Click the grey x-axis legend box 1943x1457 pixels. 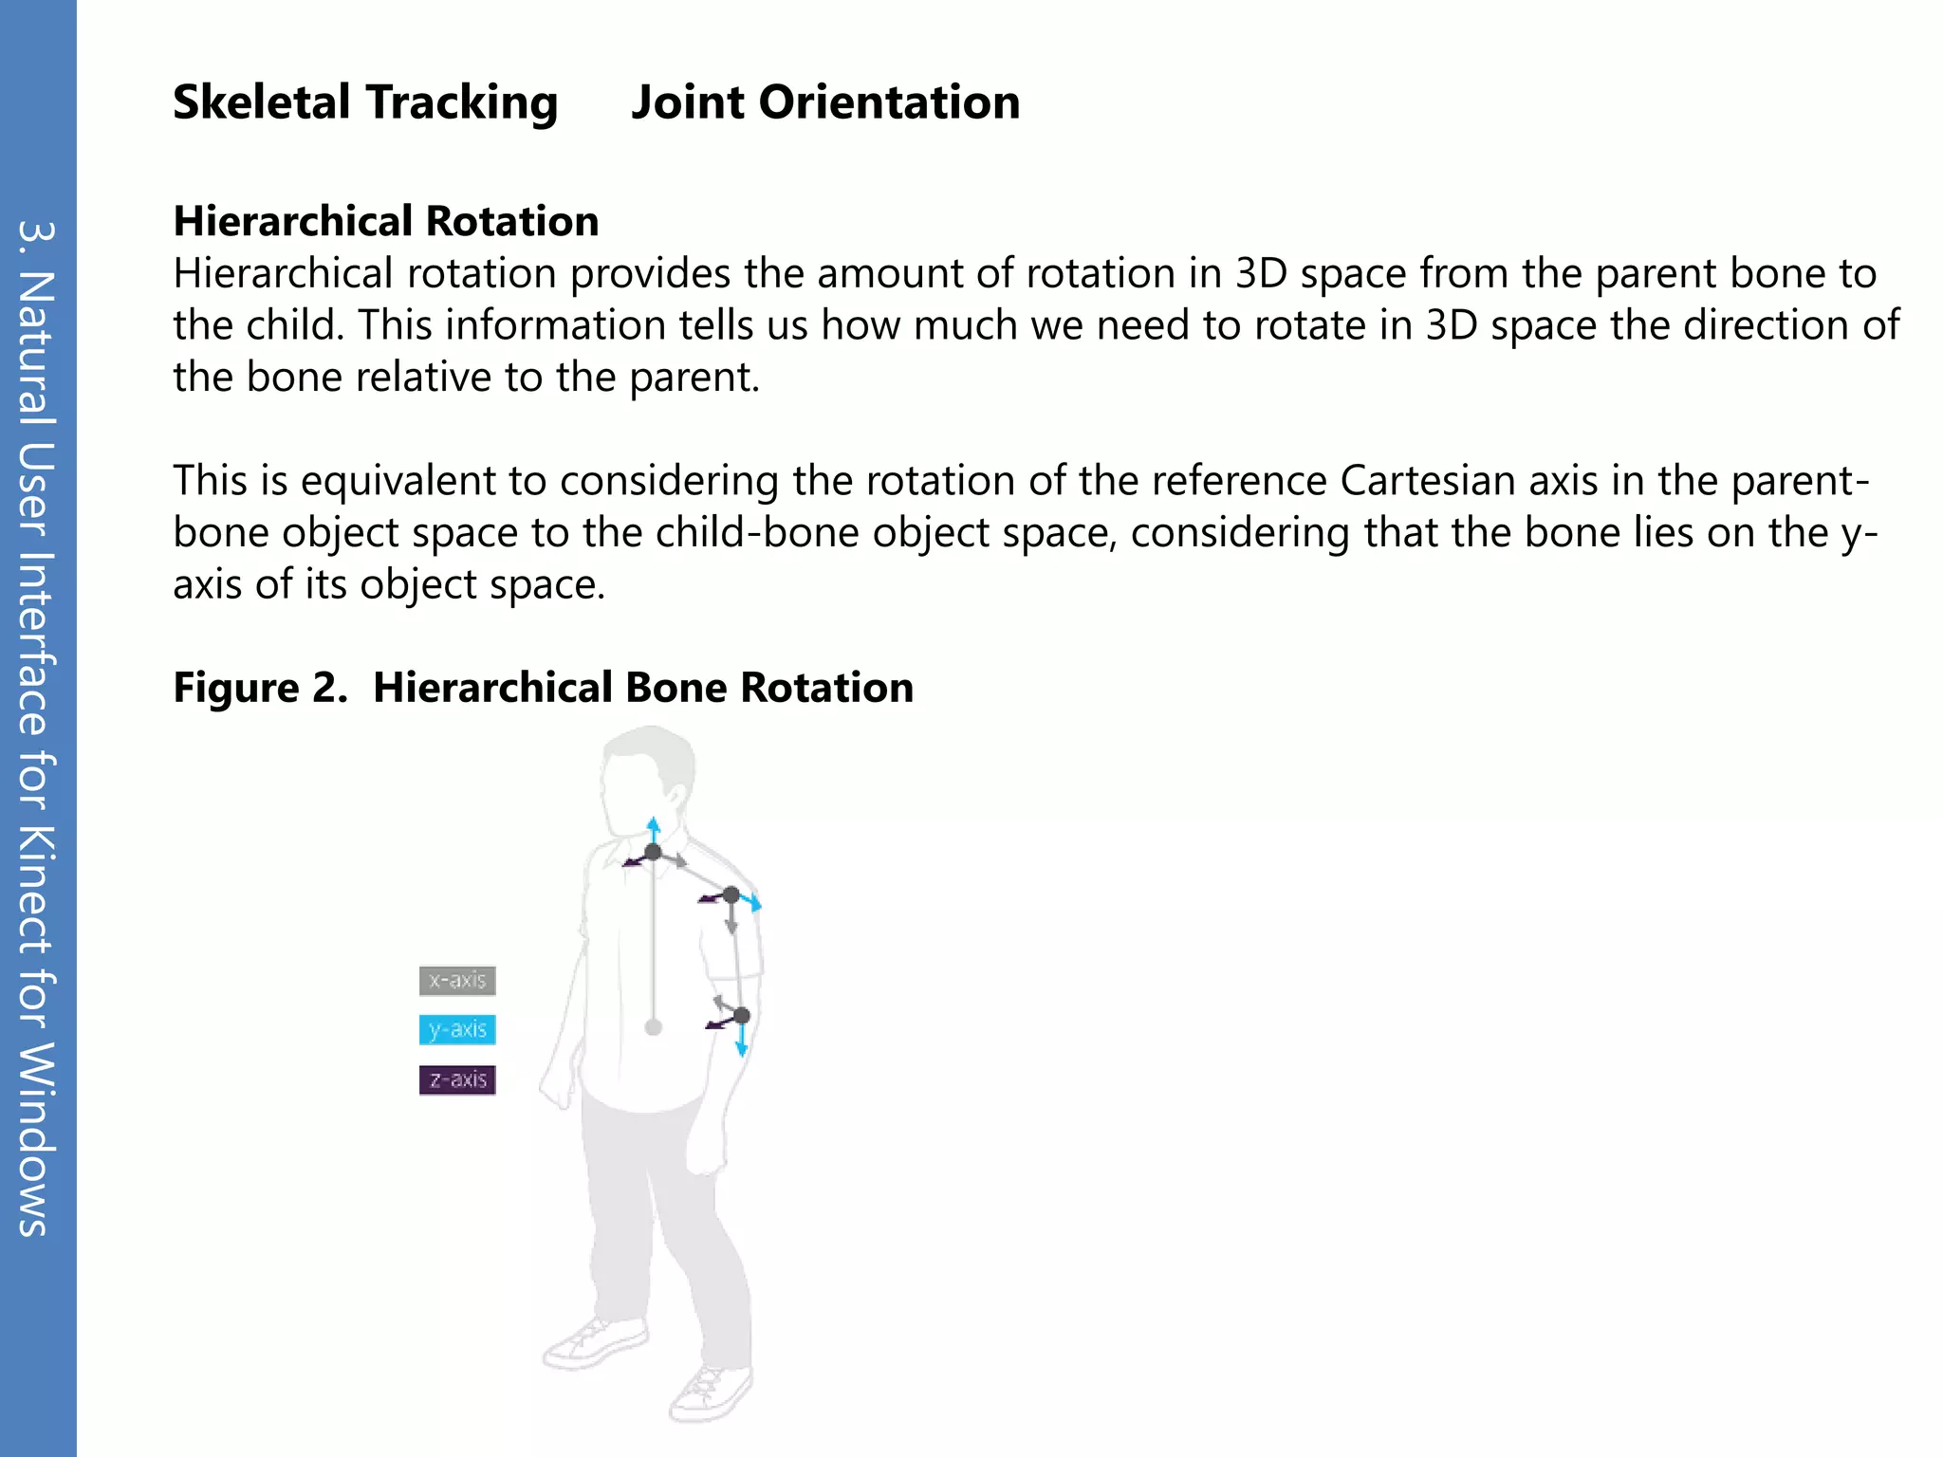457,980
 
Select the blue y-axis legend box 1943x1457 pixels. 457,1029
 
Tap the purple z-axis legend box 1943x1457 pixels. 457,1079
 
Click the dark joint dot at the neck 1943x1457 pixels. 653,852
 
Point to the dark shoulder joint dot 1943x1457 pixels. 731,894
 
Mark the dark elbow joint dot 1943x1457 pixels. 742,1016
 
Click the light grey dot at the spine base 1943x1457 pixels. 653,1027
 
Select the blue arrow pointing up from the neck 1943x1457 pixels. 653,828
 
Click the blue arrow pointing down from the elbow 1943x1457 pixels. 742,1042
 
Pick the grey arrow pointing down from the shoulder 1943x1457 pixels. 731,918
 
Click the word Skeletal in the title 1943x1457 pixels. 261,102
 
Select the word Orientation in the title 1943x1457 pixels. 889,102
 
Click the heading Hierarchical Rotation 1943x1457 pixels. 385,221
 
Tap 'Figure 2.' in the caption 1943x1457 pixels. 260,687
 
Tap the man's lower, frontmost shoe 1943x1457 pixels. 710,1393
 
